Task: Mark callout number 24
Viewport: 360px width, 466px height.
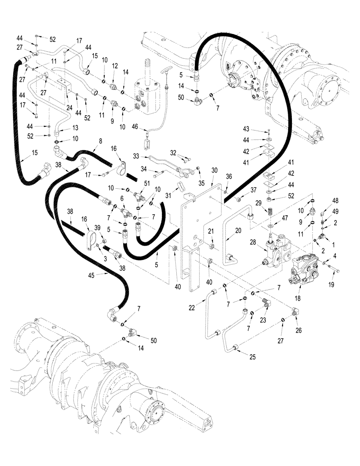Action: [x=69, y=107]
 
